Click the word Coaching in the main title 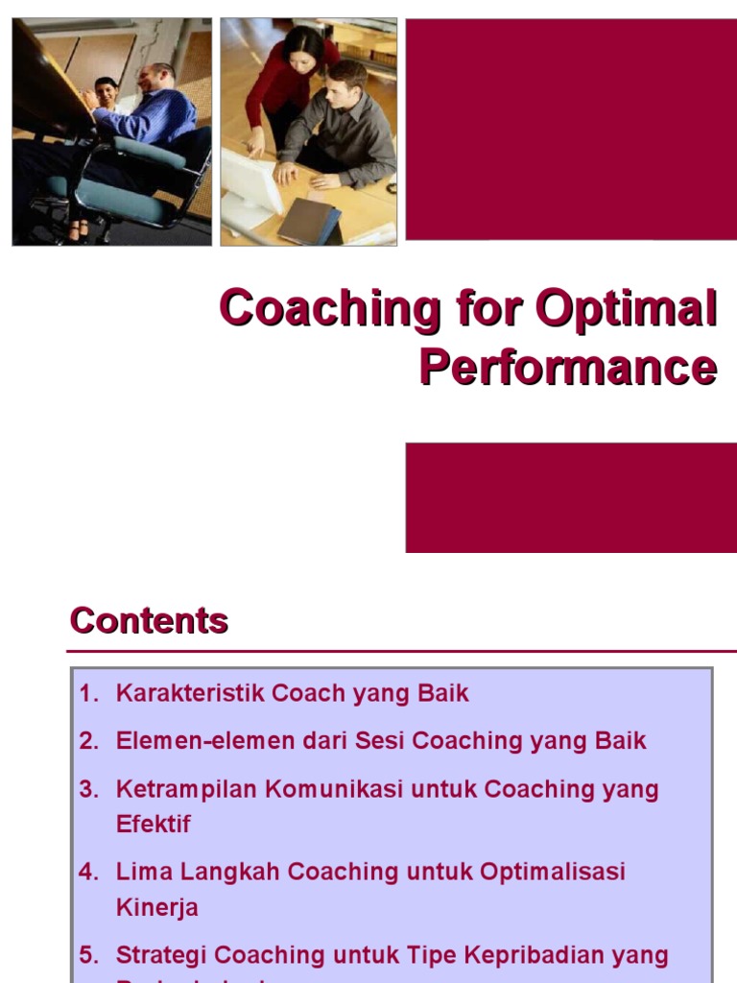click(x=328, y=310)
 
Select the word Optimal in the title click(x=626, y=310)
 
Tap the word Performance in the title click(x=567, y=368)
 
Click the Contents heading click(x=149, y=621)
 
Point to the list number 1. click(x=88, y=693)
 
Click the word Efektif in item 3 click(x=154, y=824)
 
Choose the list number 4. click(x=88, y=872)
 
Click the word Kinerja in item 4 click(x=156, y=907)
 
